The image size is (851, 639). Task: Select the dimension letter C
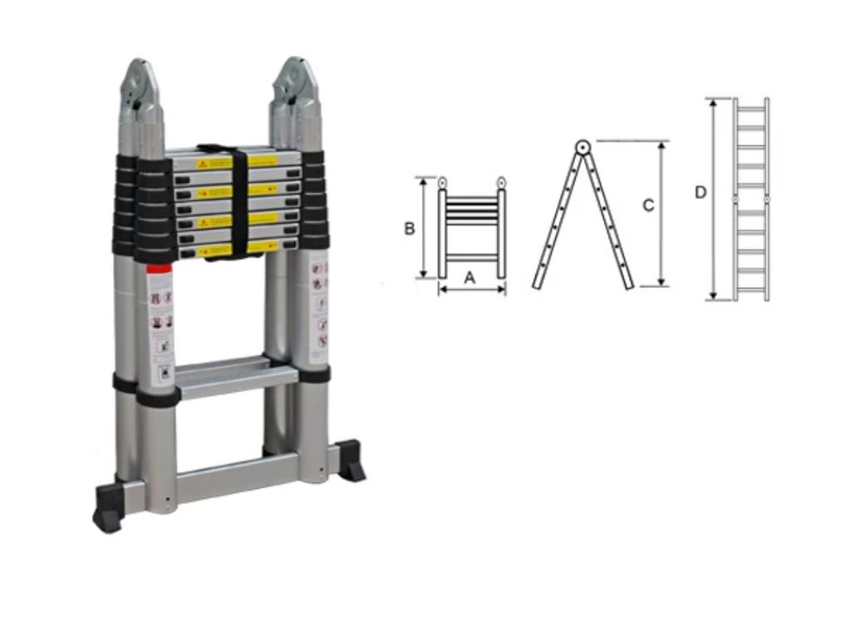(649, 206)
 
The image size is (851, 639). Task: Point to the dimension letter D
(701, 192)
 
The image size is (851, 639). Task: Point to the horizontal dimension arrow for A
(472, 290)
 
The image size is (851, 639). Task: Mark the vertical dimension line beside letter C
(662, 214)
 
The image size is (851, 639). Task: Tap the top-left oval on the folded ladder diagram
(443, 182)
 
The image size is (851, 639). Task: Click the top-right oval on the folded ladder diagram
(501, 182)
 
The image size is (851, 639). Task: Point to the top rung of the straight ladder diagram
(751, 108)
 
